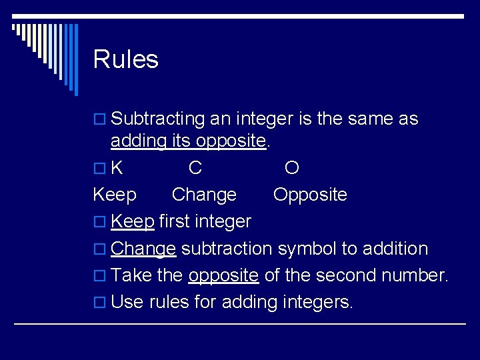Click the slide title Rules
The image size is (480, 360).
click(x=125, y=59)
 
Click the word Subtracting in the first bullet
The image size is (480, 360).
click(x=157, y=119)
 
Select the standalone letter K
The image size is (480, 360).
click(x=117, y=167)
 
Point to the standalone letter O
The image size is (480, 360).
click(x=291, y=167)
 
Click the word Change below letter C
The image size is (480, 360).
click(x=204, y=195)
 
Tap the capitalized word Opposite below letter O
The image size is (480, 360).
click(x=310, y=195)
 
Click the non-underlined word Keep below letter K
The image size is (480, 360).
click(x=115, y=195)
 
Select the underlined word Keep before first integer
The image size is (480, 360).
click(x=133, y=221)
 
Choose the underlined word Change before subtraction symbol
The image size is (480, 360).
click(x=143, y=249)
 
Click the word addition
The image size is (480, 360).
click(x=395, y=249)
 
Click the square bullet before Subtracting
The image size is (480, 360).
click(x=101, y=120)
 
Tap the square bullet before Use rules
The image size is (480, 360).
click(x=101, y=303)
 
